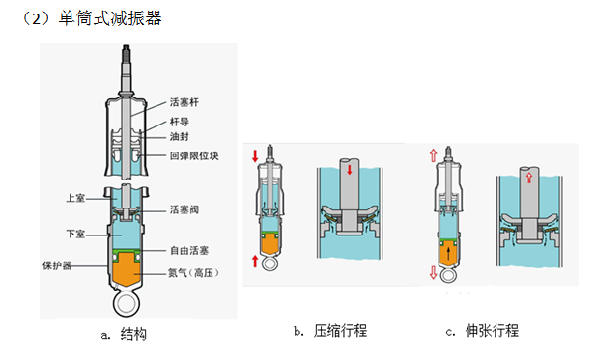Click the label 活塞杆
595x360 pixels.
click(x=184, y=101)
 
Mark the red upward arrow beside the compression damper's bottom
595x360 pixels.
click(x=256, y=261)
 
